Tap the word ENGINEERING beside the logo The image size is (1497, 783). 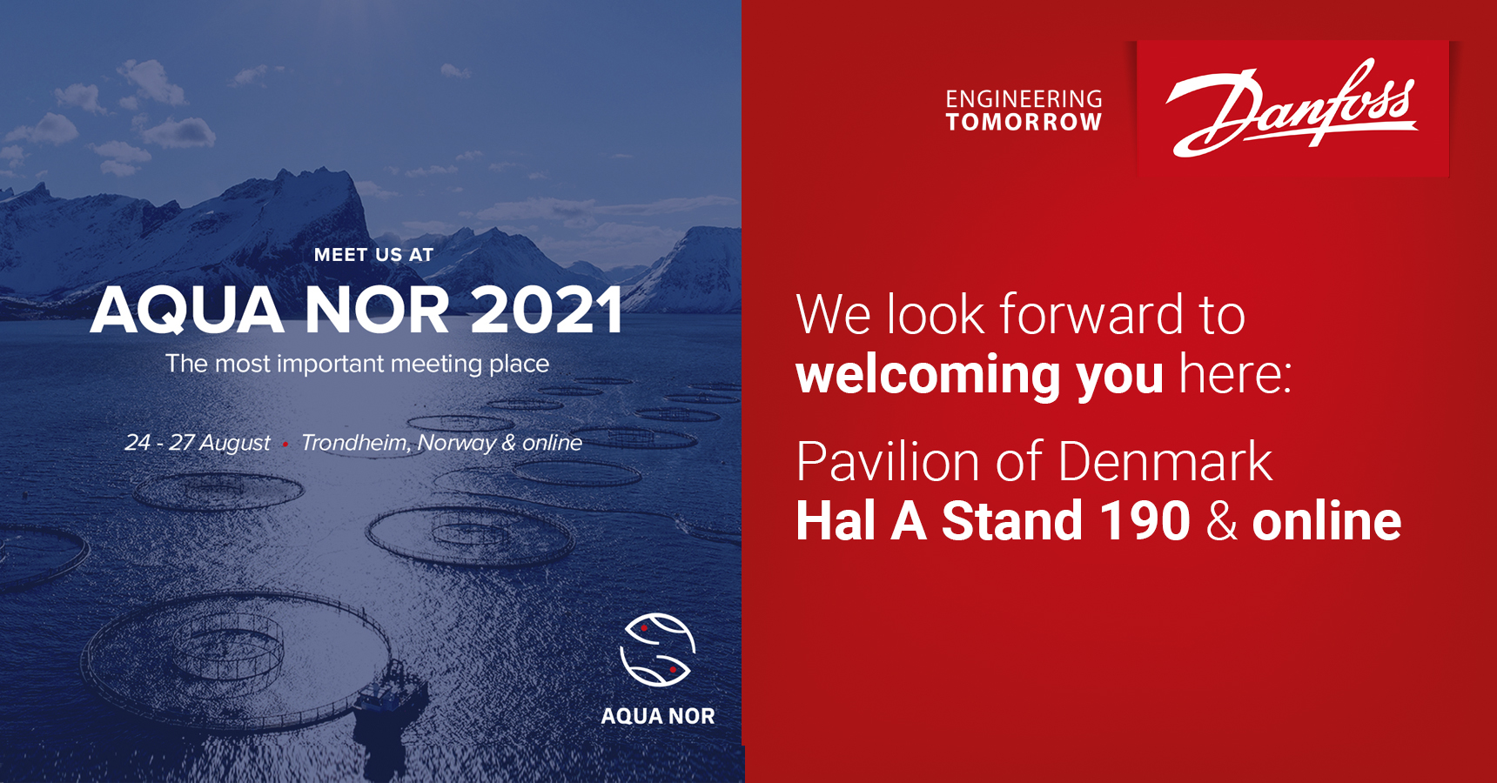tap(1024, 99)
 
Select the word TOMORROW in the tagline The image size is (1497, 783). tap(1024, 122)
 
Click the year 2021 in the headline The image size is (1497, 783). tap(547, 310)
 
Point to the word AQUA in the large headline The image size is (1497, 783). tap(187, 311)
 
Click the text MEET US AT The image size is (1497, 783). tap(373, 255)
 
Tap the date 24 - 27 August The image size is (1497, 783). tap(198, 443)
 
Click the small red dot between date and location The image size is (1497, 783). tap(285, 445)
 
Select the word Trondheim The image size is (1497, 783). tap(356, 443)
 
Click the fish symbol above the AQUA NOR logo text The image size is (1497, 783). tap(657, 650)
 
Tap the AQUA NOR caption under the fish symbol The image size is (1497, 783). tap(658, 716)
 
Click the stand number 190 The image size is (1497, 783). tap(1145, 521)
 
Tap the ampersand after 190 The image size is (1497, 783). tap(1222, 521)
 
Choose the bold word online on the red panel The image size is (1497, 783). tap(1326, 521)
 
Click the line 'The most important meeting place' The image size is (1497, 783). tap(357, 364)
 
